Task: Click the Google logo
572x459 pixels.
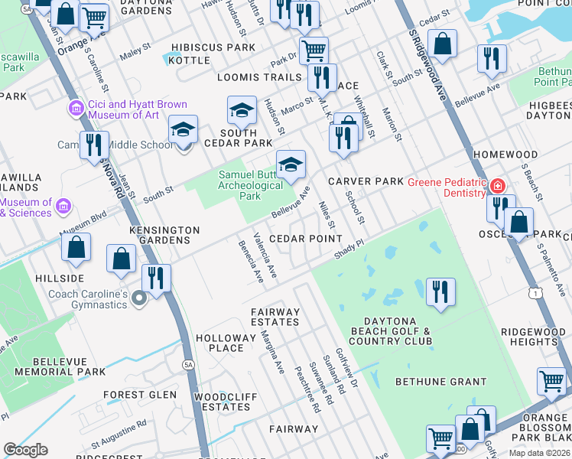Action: (25, 450)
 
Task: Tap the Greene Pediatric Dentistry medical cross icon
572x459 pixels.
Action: (498, 186)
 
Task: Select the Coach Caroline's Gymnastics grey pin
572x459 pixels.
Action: (138, 298)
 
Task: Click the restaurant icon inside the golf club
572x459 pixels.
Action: (440, 292)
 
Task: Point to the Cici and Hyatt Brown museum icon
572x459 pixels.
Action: (76, 109)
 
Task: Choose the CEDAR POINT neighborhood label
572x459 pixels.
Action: (304, 239)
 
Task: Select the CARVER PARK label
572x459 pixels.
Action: (365, 181)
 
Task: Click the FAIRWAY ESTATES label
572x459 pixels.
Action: (276, 317)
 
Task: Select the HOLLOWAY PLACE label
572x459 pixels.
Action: (219, 343)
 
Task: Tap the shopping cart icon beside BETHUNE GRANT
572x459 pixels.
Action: (551, 380)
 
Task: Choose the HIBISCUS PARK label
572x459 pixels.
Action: (213, 47)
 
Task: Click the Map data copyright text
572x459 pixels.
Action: (539, 453)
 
